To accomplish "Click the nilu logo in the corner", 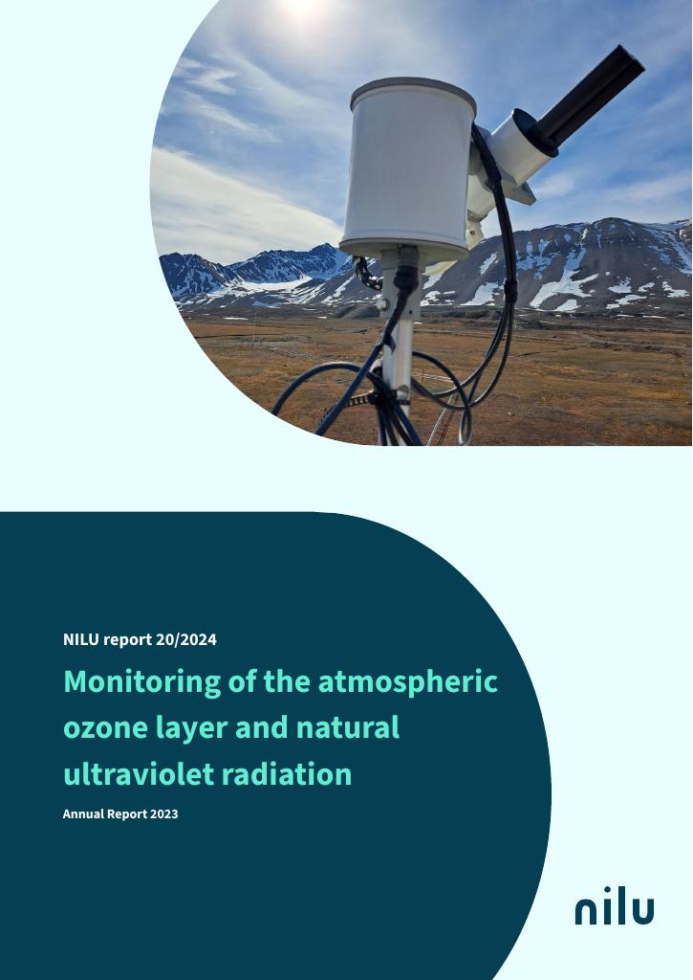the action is (x=615, y=905).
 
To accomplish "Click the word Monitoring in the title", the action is (x=141, y=681).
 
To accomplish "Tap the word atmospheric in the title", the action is (x=408, y=681).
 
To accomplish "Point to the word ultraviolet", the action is (x=139, y=773).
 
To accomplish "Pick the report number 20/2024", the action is (x=186, y=639).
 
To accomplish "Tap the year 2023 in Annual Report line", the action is (x=164, y=813).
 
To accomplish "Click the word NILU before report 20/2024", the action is (x=81, y=639).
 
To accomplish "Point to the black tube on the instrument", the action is (x=588, y=97).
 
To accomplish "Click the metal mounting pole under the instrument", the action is (x=398, y=350).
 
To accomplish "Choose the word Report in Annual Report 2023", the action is (x=127, y=814).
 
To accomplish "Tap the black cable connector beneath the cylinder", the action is (x=406, y=269).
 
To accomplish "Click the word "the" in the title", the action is (x=288, y=681).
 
